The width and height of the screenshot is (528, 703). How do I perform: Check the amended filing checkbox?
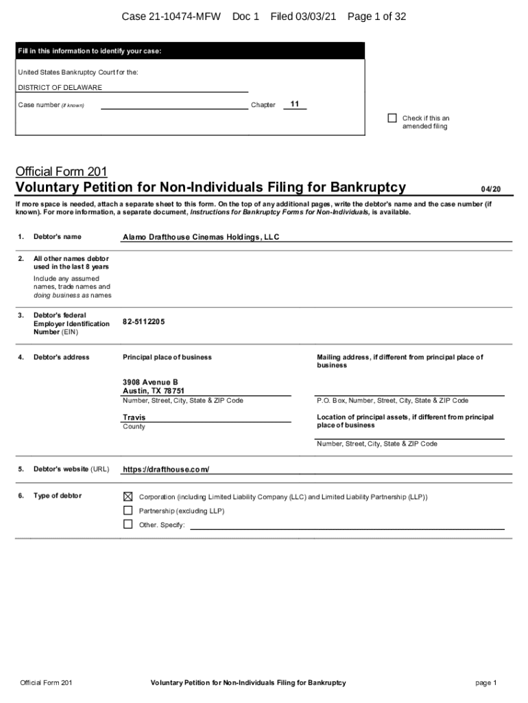(x=392, y=118)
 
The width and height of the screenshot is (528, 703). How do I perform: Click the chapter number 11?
(x=294, y=104)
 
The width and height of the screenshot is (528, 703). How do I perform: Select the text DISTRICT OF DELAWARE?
(x=60, y=88)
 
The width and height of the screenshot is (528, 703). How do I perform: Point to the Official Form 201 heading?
(x=61, y=171)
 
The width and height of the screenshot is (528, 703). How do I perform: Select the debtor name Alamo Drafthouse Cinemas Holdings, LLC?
(x=201, y=238)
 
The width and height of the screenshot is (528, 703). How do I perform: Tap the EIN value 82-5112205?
(x=143, y=321)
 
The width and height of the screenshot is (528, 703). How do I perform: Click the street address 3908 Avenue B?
(x=150, y=382)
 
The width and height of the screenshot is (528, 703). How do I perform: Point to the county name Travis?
(x=134, y=417)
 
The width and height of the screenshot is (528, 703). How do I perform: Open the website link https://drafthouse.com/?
(x=165, y=470)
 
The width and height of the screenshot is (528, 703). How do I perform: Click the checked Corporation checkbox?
(x=128, y=496)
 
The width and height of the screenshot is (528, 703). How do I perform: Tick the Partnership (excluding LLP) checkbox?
(x=128, y=511)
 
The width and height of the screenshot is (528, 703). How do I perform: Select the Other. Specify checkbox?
(x=128, y=525)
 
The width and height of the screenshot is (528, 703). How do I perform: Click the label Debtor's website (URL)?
(x=71, y=470)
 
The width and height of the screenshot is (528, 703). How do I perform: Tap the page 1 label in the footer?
(x=485, y=683)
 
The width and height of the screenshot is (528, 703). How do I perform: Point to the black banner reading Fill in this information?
(x=190, y=51)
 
